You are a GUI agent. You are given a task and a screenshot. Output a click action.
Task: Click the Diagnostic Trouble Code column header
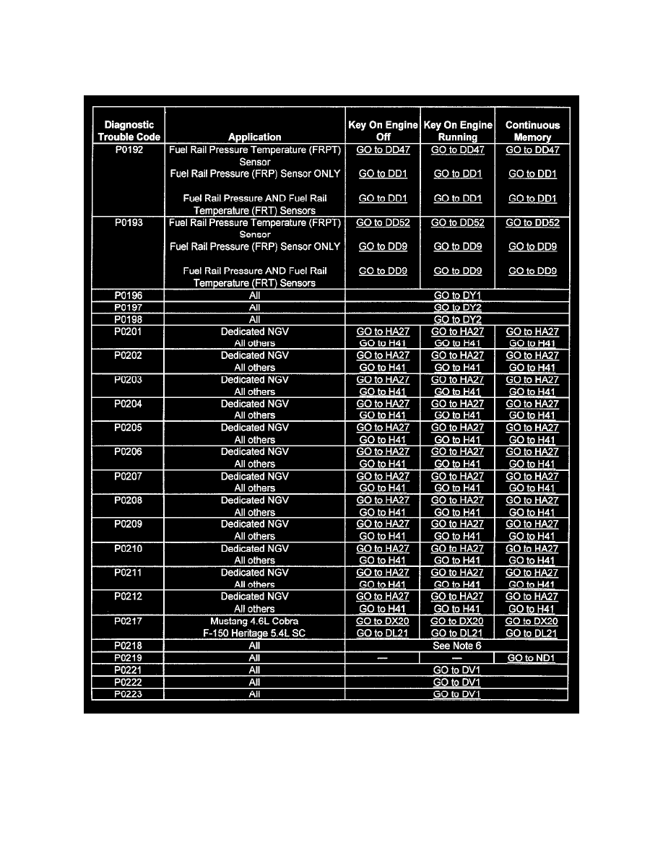pos(129,131)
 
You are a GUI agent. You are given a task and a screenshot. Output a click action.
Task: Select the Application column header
pos(254,136)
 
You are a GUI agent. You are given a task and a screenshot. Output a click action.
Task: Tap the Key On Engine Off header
pos(383,131)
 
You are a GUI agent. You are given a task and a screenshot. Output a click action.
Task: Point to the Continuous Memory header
pos(533,131)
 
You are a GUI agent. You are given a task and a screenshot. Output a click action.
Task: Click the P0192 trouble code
pos(129,150)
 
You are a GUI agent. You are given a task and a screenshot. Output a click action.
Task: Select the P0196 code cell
pos(129,295)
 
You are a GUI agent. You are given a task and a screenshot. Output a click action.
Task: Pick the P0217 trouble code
pos(129,621)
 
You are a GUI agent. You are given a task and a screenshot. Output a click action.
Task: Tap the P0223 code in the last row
pos(129,694)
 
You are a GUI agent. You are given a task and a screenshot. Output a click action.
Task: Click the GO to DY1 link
pos(457,295)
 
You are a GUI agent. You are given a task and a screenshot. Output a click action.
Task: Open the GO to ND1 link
pos(532,658)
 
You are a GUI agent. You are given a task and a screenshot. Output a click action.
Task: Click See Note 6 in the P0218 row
pos(457,646)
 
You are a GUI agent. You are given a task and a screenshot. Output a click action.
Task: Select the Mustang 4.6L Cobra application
pos(254,621)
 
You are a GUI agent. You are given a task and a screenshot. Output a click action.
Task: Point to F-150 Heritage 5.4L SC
pos(254,633)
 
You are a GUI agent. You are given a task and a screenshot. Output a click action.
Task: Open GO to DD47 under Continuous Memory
pos(532,150)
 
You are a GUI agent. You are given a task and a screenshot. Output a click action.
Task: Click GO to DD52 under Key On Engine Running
pos(457,222)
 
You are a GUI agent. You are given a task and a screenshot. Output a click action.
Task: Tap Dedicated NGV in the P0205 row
pos(254,428)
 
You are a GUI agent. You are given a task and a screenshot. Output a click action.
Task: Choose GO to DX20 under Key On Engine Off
pos(383,621)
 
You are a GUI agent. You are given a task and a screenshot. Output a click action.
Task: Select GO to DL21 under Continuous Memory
pos(532,633)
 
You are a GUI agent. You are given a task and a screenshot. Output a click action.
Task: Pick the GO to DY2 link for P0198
pos(457,319)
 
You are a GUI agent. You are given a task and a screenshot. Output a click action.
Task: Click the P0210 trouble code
pos(129,548)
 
